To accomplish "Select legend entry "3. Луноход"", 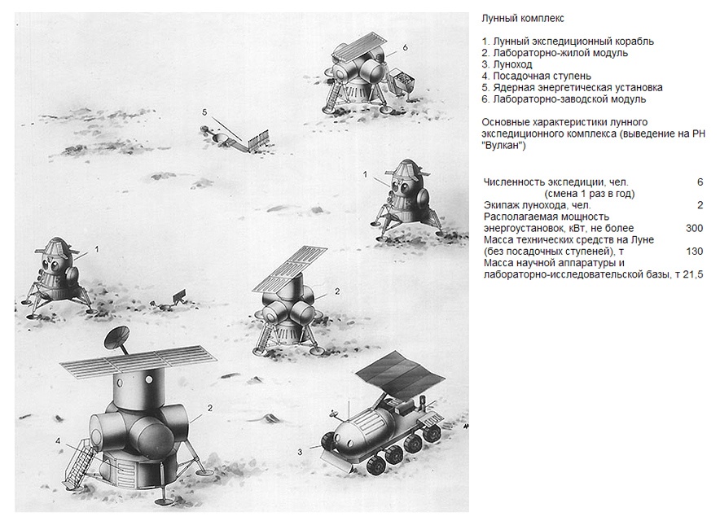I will tap(509, 64).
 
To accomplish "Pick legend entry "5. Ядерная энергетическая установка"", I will tap(572, 87).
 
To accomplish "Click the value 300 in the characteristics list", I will tap(695, 229).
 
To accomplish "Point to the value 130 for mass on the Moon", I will tap(695, 252).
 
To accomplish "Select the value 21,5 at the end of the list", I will tap(691, 274).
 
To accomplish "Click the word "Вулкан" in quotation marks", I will tap(505, 146).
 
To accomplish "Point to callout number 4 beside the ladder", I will tap(58, 440).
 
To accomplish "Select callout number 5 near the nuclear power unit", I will tap(205, 111).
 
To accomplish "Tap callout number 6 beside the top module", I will tap(405, 47).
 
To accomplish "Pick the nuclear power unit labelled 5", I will tap(236, 136).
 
